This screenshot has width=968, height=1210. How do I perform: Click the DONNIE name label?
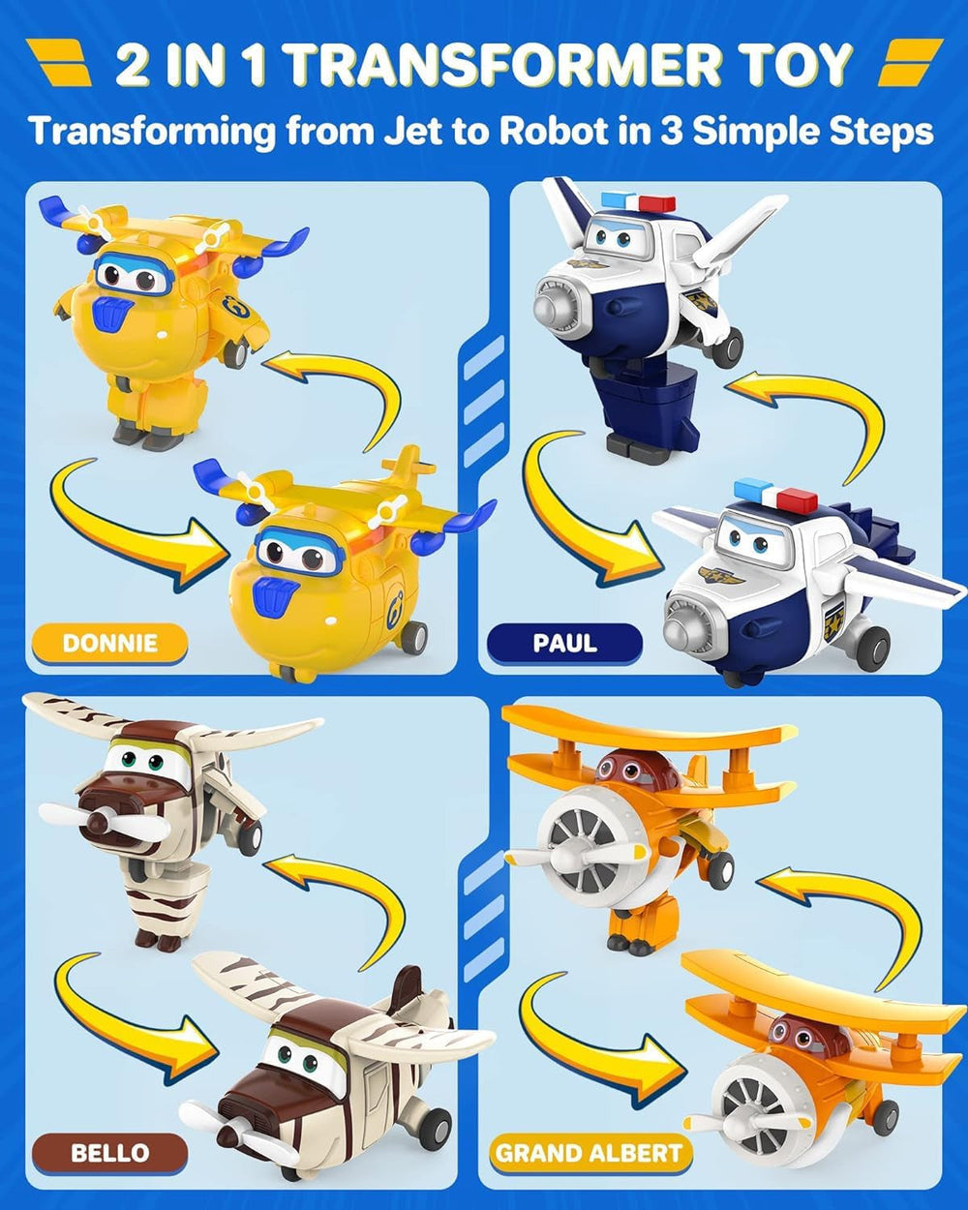pos(109,643)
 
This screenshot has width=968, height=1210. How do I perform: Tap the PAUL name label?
pos(564,643)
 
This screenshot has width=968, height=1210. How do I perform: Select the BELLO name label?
pos(109,1153)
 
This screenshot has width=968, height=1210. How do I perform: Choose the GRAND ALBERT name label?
pos(589,1153)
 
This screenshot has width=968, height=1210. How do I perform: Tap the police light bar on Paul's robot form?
pos(638,202)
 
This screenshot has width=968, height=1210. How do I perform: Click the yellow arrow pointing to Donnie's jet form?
pos(136,528)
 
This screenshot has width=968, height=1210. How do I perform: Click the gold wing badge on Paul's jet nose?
pos(721,578)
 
